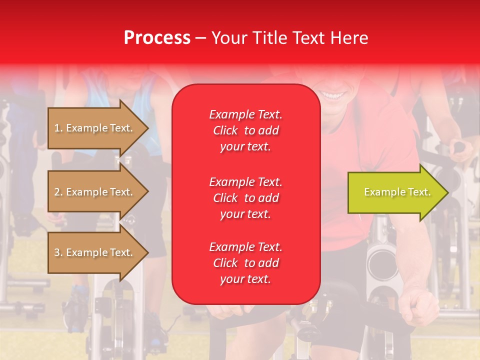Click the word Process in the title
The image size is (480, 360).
tap(157, 38)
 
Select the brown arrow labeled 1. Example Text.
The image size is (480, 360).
tap(95, 128)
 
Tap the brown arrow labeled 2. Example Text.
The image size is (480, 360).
tap(95, 192)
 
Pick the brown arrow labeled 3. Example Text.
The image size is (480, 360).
tap(95, 252)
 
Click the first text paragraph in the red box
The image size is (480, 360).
tap(245, 130)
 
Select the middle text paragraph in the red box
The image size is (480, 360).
tap(245, 198)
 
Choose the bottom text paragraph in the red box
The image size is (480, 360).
tap(245, 263)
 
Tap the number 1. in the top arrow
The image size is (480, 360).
tap(58, 128)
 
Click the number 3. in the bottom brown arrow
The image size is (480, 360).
tap(58, 252)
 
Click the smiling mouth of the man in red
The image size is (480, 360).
tap(333, 95)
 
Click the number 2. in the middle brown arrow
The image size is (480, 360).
tap(58, 192)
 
